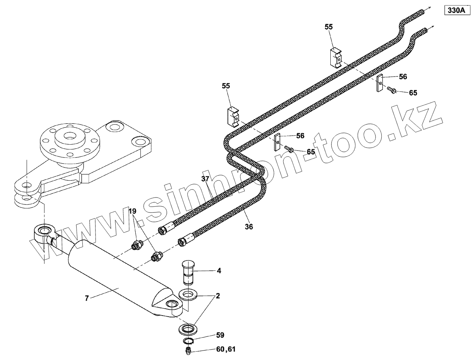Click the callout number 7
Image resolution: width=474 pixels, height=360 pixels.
coord(87,298)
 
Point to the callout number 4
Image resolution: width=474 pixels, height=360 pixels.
coord(219,271)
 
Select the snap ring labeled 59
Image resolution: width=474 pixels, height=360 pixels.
coord(188,341)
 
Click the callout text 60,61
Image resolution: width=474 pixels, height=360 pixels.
coord(226,349)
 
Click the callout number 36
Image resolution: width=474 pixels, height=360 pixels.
coord(249,226)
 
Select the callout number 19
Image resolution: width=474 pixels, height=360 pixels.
coord(132,211)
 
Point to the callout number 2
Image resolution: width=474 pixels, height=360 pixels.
coord(218,296)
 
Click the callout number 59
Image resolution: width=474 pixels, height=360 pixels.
coord(220,335)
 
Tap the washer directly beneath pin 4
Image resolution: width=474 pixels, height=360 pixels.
coord(189,294)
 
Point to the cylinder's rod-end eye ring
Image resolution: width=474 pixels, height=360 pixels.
coord(44,231)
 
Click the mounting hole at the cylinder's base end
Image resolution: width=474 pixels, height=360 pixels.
coord(171,305)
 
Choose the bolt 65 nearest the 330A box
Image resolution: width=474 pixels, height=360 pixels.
coord(391,89)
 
